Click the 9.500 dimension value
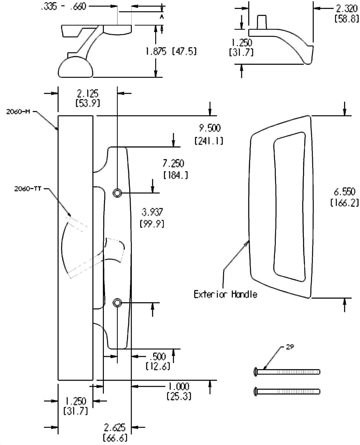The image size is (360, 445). (x=210, y=128)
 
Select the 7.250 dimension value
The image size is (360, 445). (x=173, y=163)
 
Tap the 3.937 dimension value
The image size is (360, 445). (x=152, y=212)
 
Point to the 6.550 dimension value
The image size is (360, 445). (x=344, y=192)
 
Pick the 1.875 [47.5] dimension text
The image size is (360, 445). (x=171, y=51)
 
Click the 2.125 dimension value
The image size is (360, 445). (x=88, y=94)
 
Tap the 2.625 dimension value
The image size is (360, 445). (x=115, y=427)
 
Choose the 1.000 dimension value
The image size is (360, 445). (x=179, y=386)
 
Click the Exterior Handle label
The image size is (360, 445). (x=225, y=294)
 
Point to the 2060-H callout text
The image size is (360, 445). (x=18, y=112)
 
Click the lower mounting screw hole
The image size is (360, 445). (x=117, y=303)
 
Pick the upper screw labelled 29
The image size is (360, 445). (x=287, y=372)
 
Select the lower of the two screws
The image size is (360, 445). (x=287, y=392)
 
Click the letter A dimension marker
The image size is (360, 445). (x=162, y=17)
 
